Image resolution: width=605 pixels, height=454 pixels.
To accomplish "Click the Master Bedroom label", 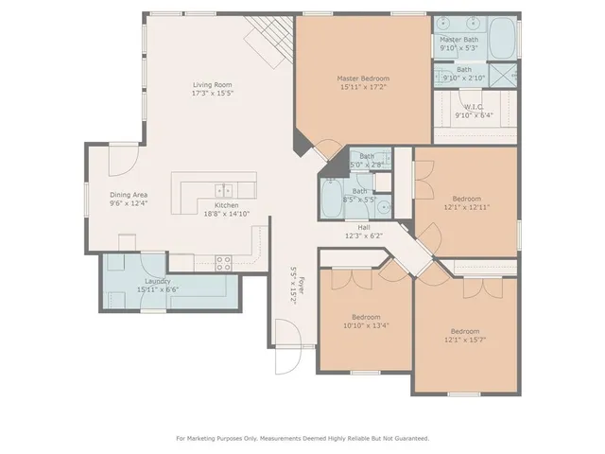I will [x=363, y=79].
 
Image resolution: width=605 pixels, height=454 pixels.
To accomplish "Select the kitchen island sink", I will [x=224, y=189].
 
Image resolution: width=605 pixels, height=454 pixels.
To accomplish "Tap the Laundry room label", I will [x=157, y=280].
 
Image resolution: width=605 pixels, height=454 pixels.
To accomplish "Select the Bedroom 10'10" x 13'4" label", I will [x=366, y=317].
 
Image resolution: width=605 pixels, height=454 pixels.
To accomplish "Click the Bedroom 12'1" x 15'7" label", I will [x=464, y=331].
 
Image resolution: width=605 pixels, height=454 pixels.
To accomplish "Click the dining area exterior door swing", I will [x=121, y=160].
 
